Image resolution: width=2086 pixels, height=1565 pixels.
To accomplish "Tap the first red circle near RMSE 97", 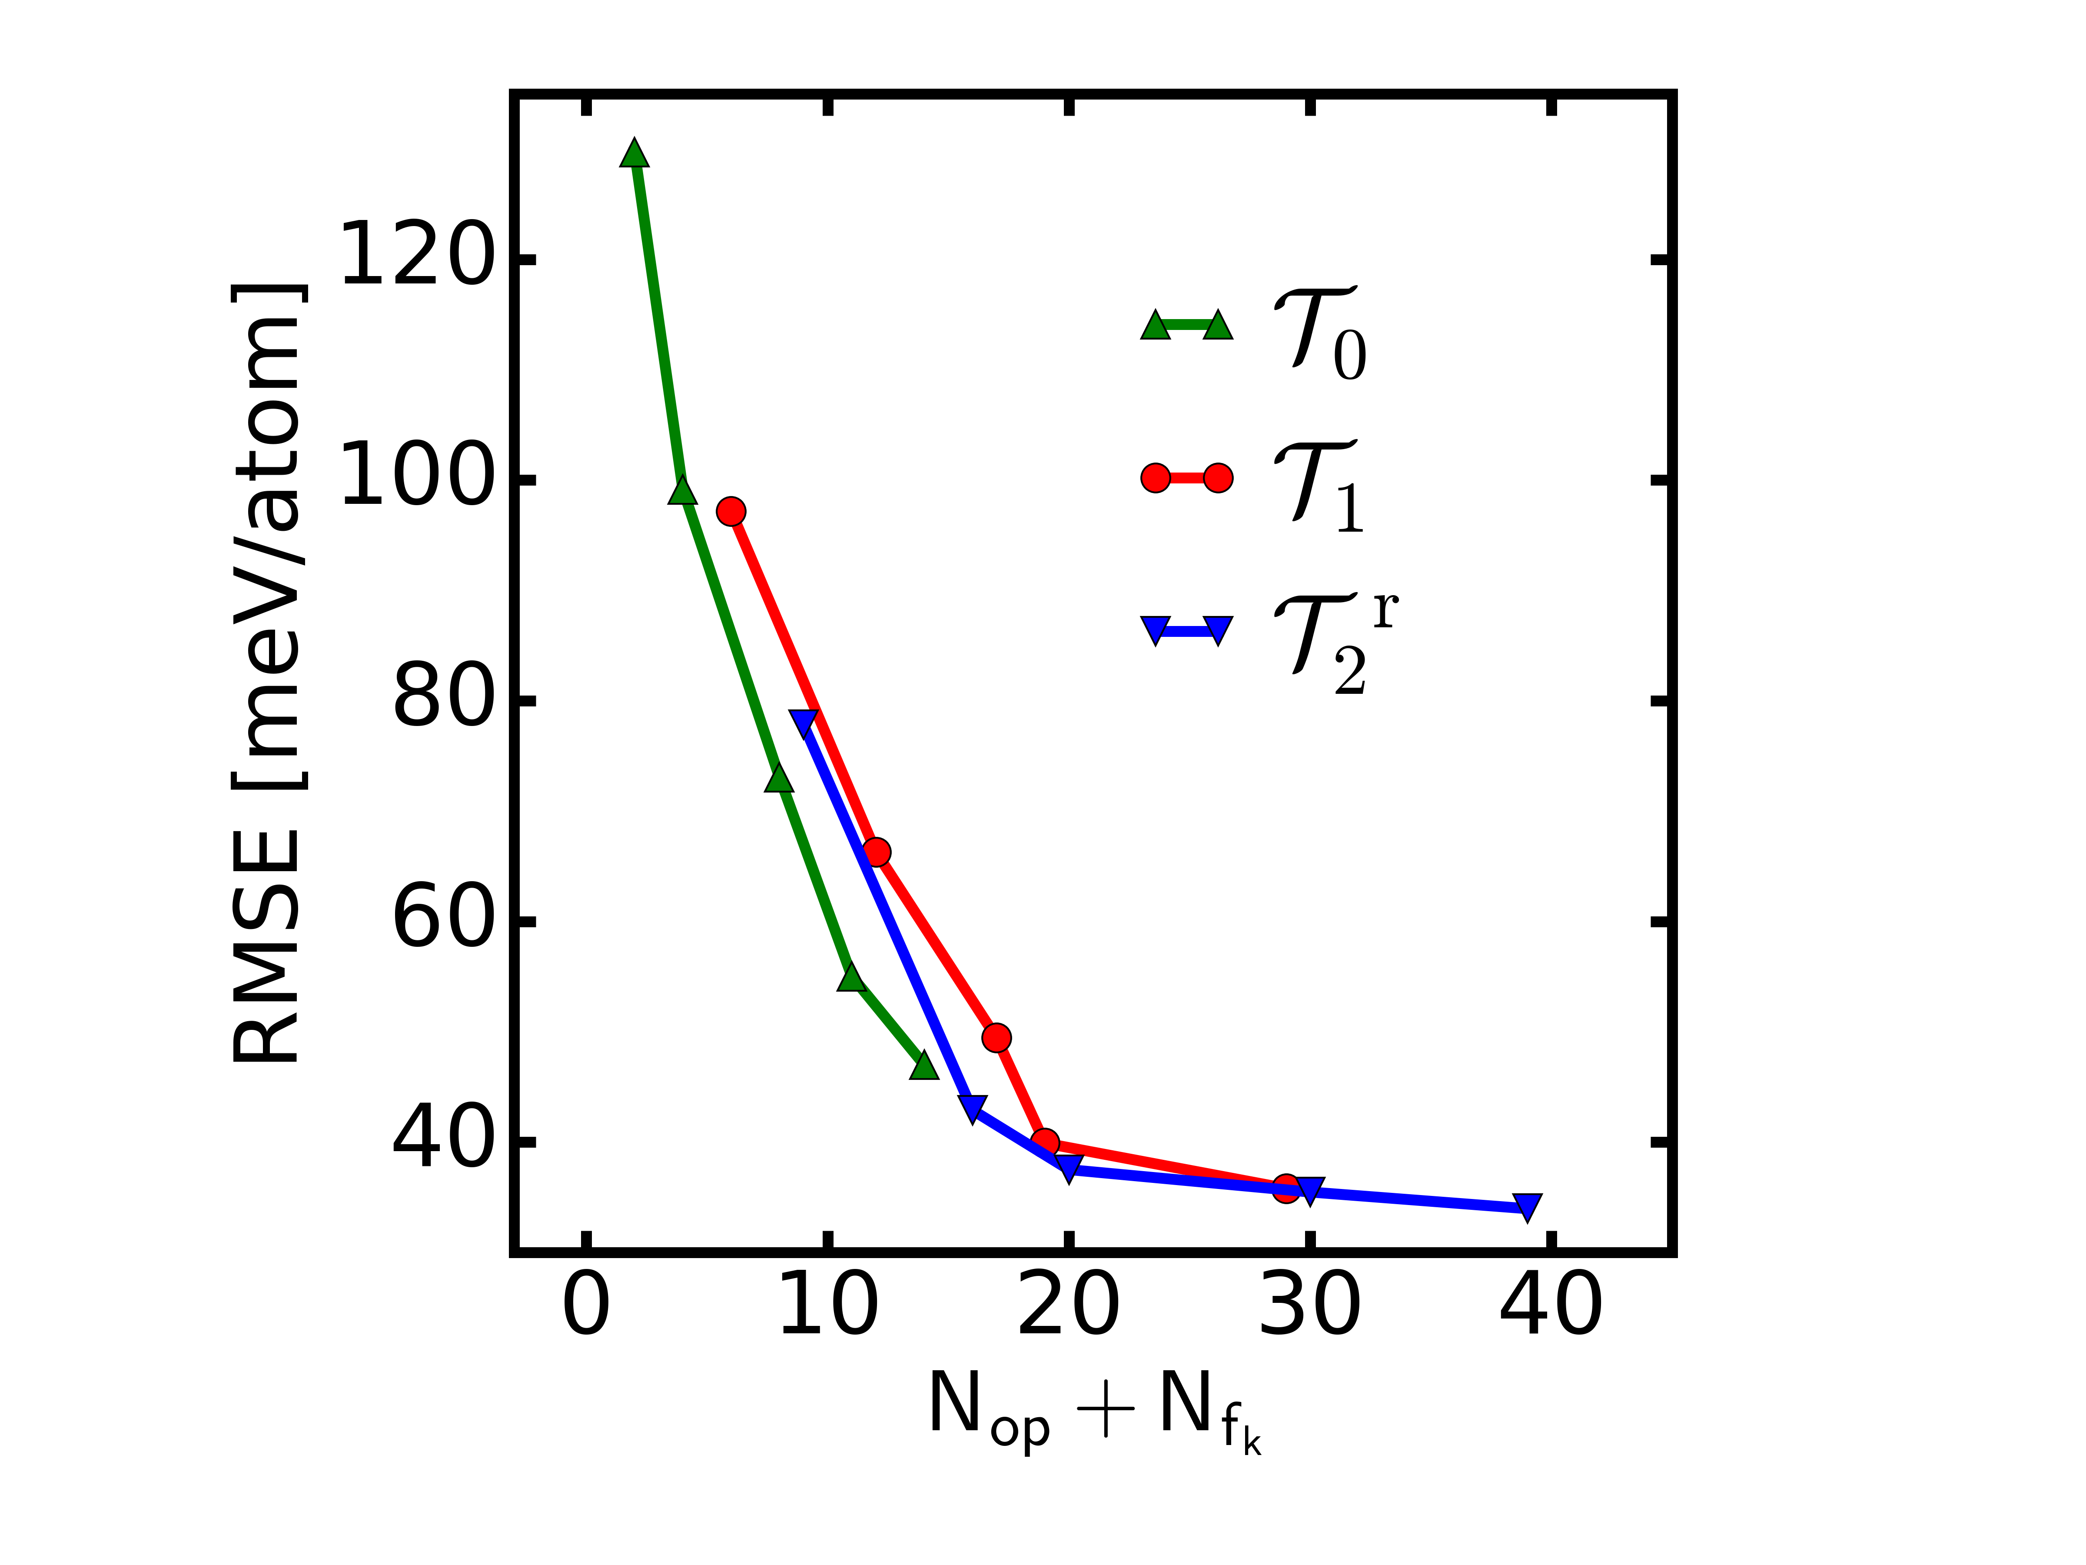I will click(731, 511).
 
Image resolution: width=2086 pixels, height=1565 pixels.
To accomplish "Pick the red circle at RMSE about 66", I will click(876, 852).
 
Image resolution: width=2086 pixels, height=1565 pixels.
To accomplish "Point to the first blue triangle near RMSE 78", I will click(804, 723).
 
